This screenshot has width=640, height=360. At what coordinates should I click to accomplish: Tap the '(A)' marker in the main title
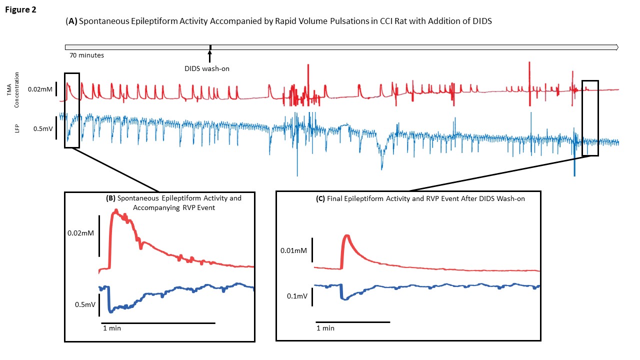pos(71,22)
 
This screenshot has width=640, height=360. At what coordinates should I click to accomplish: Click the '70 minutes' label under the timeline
pos(87,55)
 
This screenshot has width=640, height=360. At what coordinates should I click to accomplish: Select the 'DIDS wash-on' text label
pos(206,69)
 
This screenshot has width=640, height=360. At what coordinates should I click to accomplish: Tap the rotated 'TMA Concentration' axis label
pos(17,89)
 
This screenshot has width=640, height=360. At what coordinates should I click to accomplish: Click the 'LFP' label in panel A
pos(16,128)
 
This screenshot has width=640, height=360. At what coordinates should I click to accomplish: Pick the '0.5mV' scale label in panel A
pos(42,128)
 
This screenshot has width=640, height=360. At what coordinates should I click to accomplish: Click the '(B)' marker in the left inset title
pos(111,198)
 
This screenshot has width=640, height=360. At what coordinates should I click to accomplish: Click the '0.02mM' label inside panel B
pos(80,233)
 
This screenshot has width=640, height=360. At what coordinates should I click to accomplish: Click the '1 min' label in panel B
pos(111,328)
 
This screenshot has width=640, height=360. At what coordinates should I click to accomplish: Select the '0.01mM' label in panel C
pos(293,250)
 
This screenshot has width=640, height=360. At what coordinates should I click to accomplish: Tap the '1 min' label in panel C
pos(325,328)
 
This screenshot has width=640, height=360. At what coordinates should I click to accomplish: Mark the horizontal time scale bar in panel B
pos(158,323)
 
